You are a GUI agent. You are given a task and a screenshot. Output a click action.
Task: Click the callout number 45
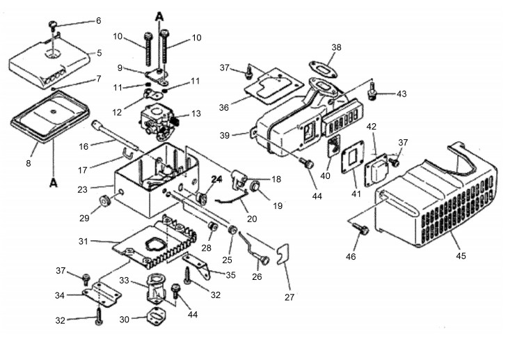[461, 256]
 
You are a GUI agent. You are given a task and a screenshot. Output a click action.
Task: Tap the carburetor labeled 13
[157, 123]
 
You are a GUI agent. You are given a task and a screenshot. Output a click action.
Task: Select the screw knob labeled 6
[53, 25]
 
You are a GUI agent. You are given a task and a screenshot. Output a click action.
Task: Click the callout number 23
[83, 189]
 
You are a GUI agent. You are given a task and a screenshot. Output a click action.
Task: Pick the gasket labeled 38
[323, 69]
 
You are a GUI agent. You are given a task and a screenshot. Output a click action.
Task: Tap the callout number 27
[289, 297]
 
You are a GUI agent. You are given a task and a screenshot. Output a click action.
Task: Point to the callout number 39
[225, 135]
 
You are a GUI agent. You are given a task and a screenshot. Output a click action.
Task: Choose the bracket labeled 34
[102, 295]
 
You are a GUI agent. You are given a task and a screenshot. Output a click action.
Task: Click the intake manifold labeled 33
[157, 290]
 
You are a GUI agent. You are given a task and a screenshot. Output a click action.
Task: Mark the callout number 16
[84, 147]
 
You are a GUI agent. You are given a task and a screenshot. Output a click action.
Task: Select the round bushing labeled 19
[256, 187]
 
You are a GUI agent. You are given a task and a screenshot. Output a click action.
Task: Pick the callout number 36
[224, 107]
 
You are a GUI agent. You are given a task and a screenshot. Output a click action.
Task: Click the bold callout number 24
[217, 179]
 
